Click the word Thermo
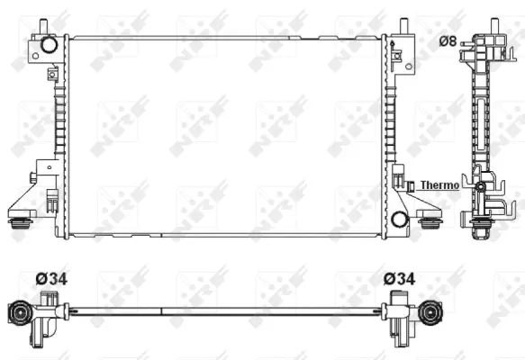tap(439, 184)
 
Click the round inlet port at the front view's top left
tap(49, 44)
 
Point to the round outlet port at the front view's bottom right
tap(399, 217)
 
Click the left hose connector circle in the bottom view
tap(19, 312)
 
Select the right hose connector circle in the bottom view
tap(431, 312)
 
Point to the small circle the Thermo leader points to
tap(482, 186)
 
